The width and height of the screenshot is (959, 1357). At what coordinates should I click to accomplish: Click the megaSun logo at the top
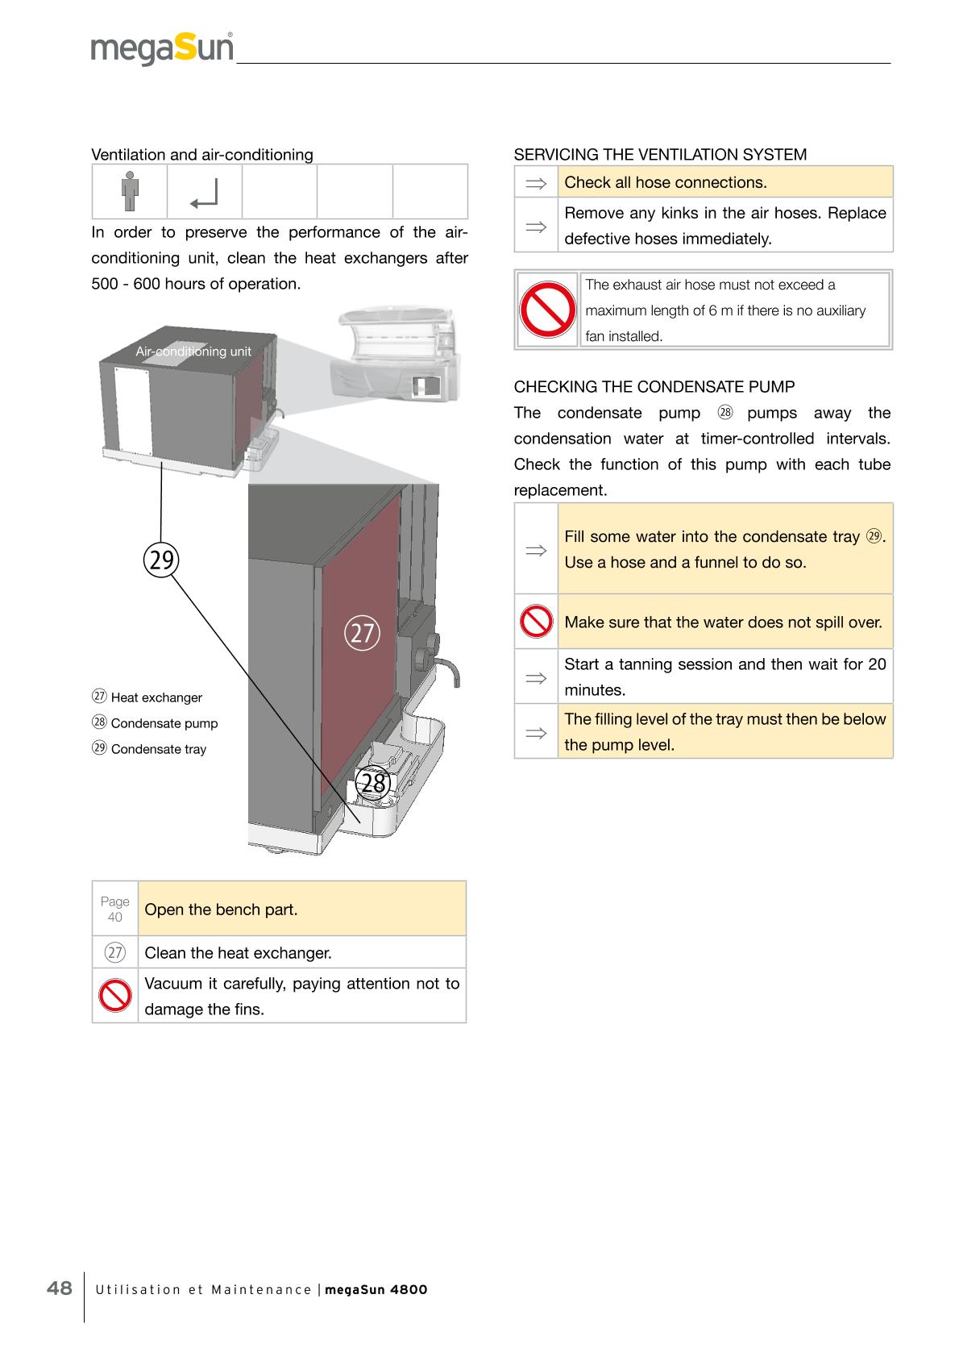(162, 48)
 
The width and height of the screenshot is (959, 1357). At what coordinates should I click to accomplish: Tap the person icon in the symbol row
(129, 191)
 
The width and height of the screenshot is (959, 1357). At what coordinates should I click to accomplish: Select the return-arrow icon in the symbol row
(205, 192)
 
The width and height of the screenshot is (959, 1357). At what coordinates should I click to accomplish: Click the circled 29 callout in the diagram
(161, 559)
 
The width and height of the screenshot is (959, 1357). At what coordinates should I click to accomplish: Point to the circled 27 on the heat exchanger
(362, 632)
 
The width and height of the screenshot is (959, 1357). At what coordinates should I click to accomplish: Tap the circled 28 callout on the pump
(373, 783)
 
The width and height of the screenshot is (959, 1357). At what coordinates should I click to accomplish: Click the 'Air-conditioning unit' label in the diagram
(193, 352)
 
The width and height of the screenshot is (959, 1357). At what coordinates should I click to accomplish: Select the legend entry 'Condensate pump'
(156, 723)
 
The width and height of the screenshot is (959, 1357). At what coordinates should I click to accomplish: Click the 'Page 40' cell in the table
(115, 909)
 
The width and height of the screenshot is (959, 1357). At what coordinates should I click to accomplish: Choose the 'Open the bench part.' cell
(301, 909)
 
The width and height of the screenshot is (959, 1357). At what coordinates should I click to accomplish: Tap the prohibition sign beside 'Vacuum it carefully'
(115, 996)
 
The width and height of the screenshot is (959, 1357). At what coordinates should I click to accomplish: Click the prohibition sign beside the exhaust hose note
(547, 310)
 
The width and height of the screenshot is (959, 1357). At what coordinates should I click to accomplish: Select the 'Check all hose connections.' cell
(724, 182)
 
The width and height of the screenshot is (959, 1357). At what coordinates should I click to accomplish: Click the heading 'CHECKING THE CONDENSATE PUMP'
(654, 386)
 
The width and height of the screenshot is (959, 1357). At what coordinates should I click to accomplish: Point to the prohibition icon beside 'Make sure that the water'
(536, 622)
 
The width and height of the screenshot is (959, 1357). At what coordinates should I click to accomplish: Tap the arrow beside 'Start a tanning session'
(536, 677)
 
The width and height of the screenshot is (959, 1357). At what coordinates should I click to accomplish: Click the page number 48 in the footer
(60, 1288)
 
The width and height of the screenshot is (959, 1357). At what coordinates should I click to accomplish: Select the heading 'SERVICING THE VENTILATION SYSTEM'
(660, 154)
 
